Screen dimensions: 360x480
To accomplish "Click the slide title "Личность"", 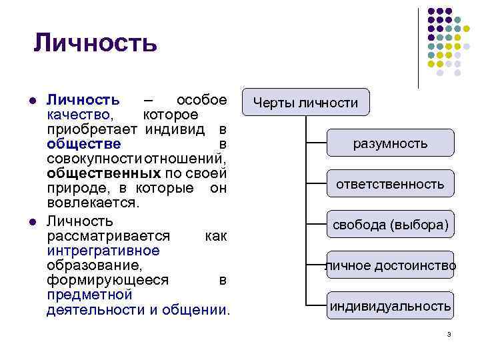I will pyautogui.click(x=95, y=43).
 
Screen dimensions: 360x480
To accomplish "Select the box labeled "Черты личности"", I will pyautogui.click(x=305, y=103).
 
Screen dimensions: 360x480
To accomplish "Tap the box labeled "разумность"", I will pyautogui.click(x=390, y=143).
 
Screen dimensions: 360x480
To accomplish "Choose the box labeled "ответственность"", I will pyautogui.click(x=390, y=184).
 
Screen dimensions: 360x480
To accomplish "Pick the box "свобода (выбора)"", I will pyautogui.click(x=390, y=225).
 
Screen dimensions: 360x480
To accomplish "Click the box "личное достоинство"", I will pyautogui.click(x=390, y=265).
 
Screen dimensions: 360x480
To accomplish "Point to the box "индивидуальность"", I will pyautogui.click(x=390, y=306).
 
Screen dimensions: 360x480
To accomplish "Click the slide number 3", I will pyautogui.click(x=449, y=333).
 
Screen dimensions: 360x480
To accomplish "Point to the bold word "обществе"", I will pyautogui.click(x=84, y=144).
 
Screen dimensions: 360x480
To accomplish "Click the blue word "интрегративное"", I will pyautogui.click(x=103, y=251).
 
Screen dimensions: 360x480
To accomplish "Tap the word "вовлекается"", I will pyautogui.click(x=93, y=203).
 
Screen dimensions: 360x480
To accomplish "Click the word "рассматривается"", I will pyautogui.click(x=108, y=236).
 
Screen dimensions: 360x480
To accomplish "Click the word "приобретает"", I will pyautogui.click(x=92, y=129).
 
